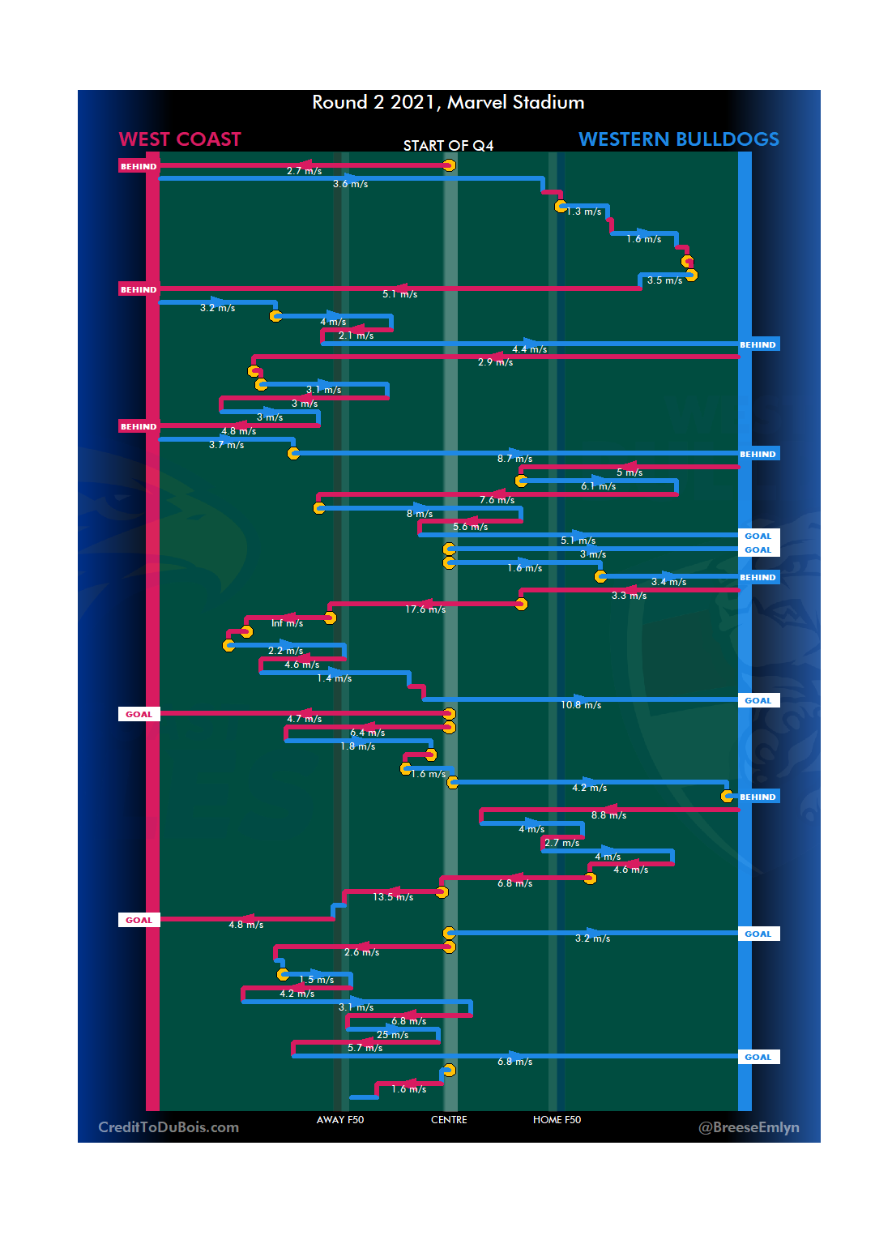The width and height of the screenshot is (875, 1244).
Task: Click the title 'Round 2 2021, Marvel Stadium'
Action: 448,103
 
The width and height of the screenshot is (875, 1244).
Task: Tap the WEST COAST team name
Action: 180,139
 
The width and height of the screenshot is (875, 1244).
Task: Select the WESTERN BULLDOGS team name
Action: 679,139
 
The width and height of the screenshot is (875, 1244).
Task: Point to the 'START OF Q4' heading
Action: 448,146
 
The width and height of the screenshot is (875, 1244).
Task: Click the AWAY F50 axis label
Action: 340,1120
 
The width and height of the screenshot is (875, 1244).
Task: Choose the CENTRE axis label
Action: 449,1120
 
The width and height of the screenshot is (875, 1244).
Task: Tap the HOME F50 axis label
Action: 557,1120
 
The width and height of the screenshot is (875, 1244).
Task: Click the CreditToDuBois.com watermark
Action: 169,1127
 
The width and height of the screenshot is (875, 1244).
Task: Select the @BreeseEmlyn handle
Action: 749,1127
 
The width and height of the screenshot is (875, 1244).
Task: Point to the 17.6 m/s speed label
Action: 425,609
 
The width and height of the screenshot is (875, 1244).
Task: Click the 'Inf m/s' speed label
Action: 287,623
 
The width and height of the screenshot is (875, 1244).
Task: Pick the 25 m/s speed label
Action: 392,1035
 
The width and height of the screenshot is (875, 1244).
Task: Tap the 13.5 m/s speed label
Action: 393,897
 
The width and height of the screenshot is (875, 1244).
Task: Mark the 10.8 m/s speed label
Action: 581,705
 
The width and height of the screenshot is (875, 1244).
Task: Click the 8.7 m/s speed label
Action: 514,459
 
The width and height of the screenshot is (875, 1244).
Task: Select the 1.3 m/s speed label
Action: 583,212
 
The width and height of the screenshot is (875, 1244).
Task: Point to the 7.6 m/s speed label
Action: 497,500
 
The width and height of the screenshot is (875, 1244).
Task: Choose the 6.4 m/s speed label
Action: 367,733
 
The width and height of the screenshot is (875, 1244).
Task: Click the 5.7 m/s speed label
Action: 365,1048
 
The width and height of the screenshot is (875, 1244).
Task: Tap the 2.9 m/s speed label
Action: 495,362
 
